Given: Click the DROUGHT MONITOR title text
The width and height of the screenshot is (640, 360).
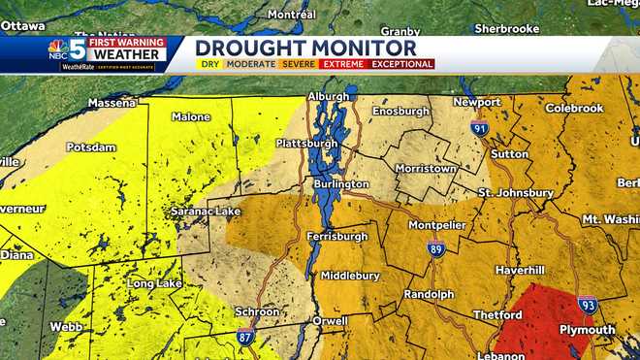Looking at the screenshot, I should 305,49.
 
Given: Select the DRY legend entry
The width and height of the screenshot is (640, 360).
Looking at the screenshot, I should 208,64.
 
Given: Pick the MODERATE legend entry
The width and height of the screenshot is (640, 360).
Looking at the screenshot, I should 249,64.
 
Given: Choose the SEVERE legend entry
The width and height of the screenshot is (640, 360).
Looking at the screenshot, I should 297,64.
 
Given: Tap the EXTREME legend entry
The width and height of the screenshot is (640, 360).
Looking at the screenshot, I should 344,64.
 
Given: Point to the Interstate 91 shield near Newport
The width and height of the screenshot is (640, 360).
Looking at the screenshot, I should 480,127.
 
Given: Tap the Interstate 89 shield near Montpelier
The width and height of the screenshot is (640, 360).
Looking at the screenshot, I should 436,248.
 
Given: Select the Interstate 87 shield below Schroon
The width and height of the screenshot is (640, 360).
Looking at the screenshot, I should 246,336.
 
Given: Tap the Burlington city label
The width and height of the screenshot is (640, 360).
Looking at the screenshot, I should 341,183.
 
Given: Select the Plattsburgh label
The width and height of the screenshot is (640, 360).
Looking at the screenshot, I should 306,144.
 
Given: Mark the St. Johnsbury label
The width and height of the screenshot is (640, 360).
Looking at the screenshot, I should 516,193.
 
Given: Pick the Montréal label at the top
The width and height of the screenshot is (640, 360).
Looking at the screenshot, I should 291,15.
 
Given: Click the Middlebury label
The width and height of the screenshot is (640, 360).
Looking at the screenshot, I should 350,276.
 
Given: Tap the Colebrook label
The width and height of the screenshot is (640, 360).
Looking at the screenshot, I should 574,108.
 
